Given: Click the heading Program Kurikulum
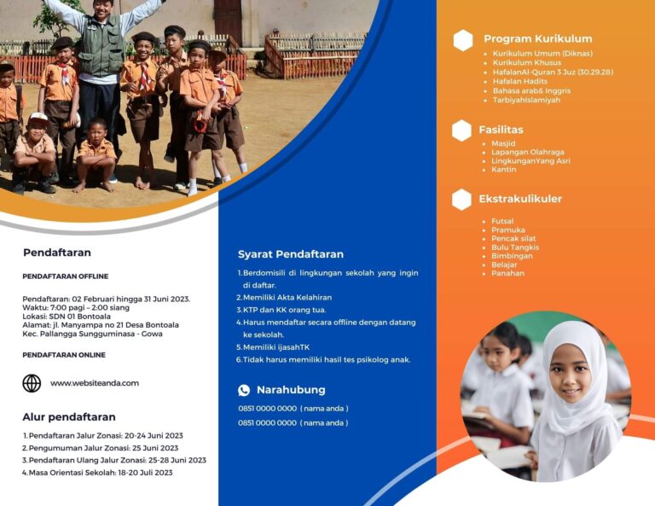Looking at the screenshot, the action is point(537,39).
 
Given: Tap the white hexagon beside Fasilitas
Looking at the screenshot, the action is point(461,131).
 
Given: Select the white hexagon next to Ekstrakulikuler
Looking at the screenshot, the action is point(461,200).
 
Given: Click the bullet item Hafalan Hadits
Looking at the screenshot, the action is point(519,81).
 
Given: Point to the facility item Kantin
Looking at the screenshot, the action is point(504,170).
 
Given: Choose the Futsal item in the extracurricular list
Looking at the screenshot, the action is point(502,221).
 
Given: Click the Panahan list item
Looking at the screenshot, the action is point(507,273).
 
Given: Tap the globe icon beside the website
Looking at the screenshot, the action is point(32,383).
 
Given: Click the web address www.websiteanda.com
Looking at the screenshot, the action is point(95,383).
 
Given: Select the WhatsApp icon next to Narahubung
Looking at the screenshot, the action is point(244,390).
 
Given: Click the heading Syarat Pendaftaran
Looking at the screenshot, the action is point(291,254).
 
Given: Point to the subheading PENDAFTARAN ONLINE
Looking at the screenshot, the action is point(64,355).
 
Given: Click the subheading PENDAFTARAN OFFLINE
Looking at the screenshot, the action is point(66,276).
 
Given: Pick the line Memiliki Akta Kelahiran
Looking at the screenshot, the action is point(287,298).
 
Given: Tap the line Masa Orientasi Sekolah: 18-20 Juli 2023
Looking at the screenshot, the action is point(101,473).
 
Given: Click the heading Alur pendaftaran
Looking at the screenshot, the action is point(69,417).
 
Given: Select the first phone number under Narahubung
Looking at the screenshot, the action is point(267,408).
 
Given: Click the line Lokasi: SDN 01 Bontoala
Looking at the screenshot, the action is point(67,317).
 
